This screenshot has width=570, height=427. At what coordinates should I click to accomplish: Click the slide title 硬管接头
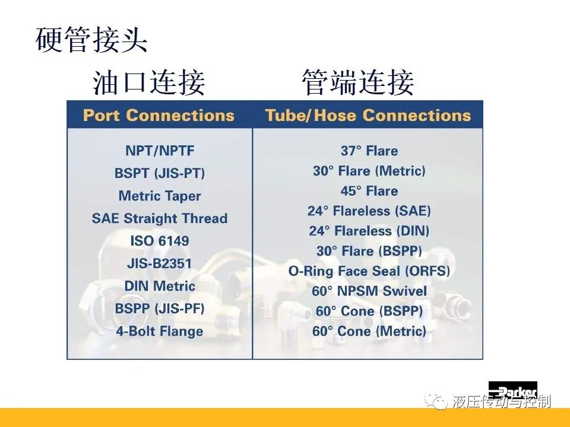(x=91, y=40)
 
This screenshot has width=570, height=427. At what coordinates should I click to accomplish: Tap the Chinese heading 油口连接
(x=148, y=83)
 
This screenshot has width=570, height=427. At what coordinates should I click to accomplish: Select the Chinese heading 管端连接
(x=358, y=83)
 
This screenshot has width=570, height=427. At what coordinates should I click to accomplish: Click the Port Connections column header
(x=159, y=116)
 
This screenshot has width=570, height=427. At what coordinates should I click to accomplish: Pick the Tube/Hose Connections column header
(x=368, y=116)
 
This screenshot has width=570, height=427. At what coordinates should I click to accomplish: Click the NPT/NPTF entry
(x=160, y=150)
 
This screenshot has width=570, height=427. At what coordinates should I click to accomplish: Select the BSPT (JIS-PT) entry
(x=160, y=173)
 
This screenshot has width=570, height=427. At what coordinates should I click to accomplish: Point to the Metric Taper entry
(x=160, y=196)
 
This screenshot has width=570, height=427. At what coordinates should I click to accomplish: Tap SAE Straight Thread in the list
(x=160, y=219)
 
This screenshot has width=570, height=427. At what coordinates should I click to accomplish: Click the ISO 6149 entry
(x=160, y=241)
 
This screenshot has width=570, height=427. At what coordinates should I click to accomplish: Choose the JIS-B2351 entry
(x=159, y=263)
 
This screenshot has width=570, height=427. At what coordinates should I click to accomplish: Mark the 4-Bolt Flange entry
(x=160, y=331)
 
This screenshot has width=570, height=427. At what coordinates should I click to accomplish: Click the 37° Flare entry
(x=369, y=151)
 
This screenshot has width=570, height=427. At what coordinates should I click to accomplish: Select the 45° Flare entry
(x=369, y=191)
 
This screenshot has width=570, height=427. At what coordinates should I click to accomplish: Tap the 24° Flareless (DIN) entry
(x=369, y=231)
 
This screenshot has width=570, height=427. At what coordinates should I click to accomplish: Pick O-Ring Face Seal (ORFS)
(x=369, y=271)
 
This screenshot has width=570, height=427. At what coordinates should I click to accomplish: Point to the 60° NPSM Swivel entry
(x=369, y=291)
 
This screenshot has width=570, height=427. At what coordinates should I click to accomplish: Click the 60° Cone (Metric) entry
(x=369, y=331)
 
